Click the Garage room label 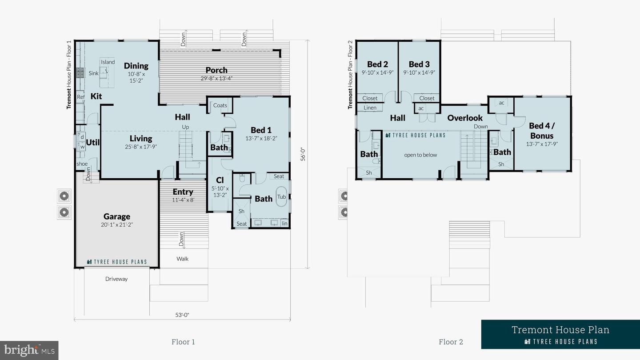click(x=117, y=216)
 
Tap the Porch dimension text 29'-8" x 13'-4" click(x=216, y=78)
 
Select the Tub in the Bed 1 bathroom click(x=281, y=197)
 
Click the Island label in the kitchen click(x=108, y=62)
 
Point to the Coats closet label click(x=220, y=105)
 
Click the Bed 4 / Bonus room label click(x=541, y=131)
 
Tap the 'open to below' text click(x=420, y=155)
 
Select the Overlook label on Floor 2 click(x=465, y=118)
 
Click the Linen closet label click(x=370, y=108)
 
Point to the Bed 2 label click(x=377, y=64)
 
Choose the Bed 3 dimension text click(x=419, y=72)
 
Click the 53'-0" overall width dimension click(x=182, y=315)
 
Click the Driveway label click(x=116, y=279)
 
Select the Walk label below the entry click(x=183, y=259)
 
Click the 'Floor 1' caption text click(x=183, y=342)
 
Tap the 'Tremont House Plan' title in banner click(x=560, y=330)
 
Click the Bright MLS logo click(x=29, y=350)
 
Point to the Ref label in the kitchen click(x=80, y=97)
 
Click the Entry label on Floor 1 click(x=183, y=192)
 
